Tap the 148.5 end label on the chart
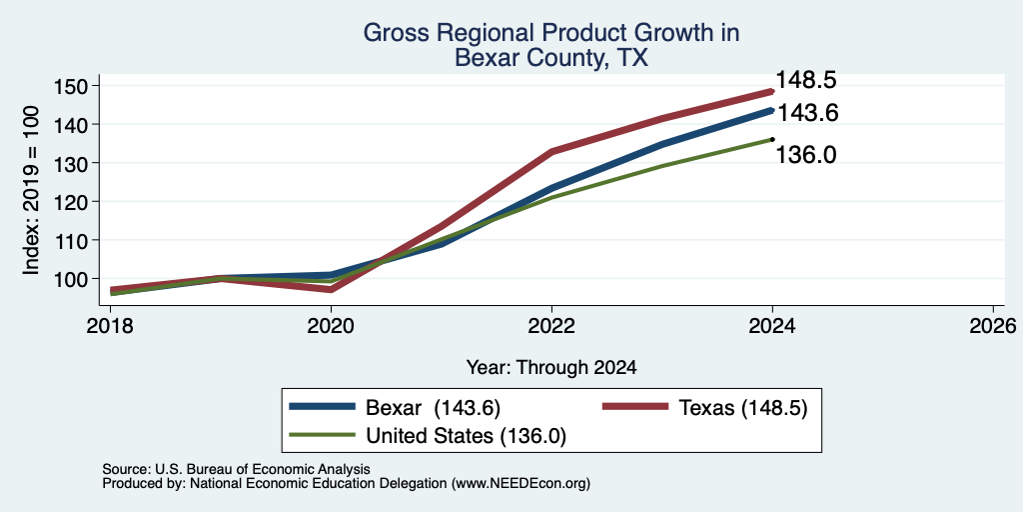point(806,80)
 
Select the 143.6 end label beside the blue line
point(807,113)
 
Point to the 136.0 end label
point(806,155)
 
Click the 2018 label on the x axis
point(110,325)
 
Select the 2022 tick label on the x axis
point(551,325)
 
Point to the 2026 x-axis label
point(993,325)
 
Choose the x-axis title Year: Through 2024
point(551,368)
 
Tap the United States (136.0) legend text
point(466,436)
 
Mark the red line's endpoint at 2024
point(772,91)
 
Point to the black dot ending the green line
point(772,139)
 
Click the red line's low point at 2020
point(331,289)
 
